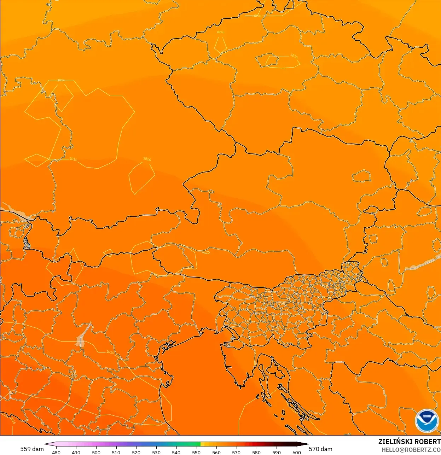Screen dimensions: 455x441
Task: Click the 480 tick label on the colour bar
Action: point(56,452)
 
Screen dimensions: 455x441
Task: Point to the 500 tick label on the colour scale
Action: point(96,452)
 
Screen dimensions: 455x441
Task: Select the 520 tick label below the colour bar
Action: point(136,452)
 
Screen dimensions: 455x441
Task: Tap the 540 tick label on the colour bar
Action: point(176,452)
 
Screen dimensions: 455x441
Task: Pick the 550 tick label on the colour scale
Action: point(196,452)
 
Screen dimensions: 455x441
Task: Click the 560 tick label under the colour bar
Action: point(216,452)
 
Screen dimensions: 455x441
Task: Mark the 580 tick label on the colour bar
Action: point(256,452)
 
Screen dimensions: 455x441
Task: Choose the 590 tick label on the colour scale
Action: point(277,452)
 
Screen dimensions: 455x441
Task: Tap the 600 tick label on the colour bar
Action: point(296,452)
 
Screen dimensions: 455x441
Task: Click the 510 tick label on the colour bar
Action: point(116,452)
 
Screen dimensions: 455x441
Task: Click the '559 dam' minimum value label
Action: point(32,449)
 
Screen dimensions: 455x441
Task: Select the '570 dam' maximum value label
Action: point(320,449)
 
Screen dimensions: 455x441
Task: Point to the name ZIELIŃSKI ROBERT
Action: point(409,442)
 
